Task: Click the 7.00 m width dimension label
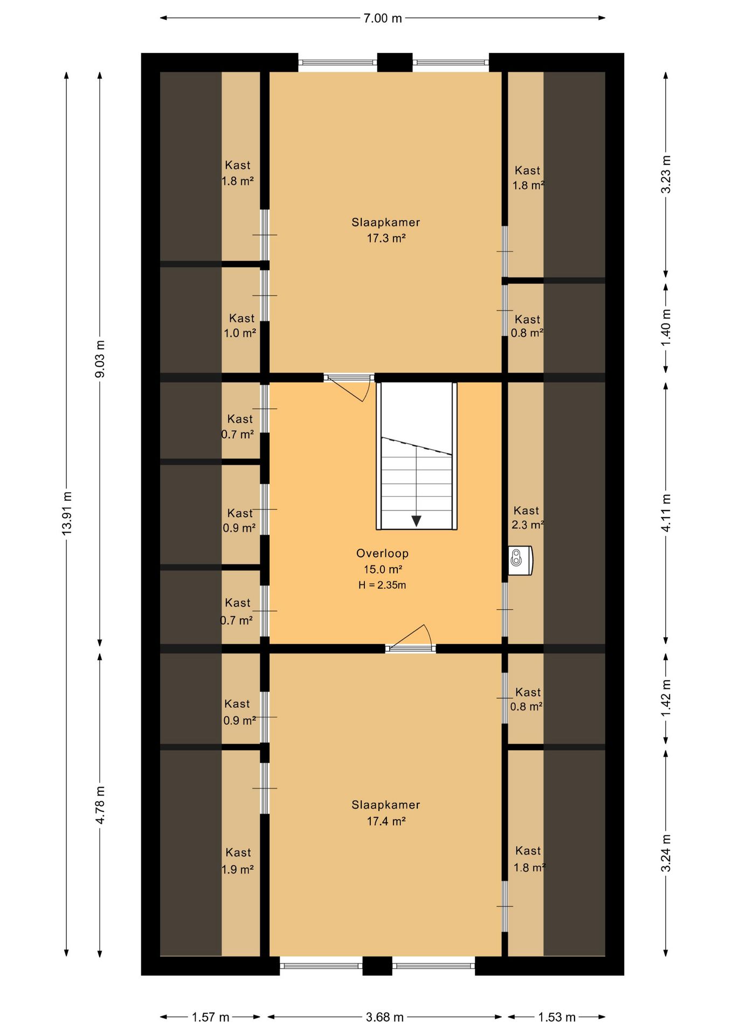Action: click(x=383, y=18)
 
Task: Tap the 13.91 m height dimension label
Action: click(x=67, y=514)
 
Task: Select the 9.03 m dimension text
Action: click(x=100, y=359)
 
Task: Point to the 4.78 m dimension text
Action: click(x=100, y=805)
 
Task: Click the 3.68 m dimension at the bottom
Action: click(x=384, y=1017)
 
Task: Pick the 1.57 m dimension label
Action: click(x=211, y=1017)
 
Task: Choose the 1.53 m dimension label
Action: click(x=557, y=1017)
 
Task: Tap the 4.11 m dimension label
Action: click(x=666, y=513)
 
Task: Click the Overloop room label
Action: click(x=382, y=553)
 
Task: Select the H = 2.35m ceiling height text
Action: click(x=382, y=585)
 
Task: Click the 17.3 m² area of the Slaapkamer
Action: click(x=386, y=238)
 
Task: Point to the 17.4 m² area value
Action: click(x=386, y=821)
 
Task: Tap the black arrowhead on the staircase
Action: click(x=417, y=521)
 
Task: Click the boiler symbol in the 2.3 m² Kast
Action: click(x=521, y=561)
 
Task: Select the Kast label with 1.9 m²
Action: click(x=238, y=852)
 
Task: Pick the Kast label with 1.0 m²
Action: click(x=241, y=318)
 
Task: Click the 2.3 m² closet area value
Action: click(x=527, y=525)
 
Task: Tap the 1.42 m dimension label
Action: click(x=666, y=698)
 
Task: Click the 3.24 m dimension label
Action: click(x=666, y=852)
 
